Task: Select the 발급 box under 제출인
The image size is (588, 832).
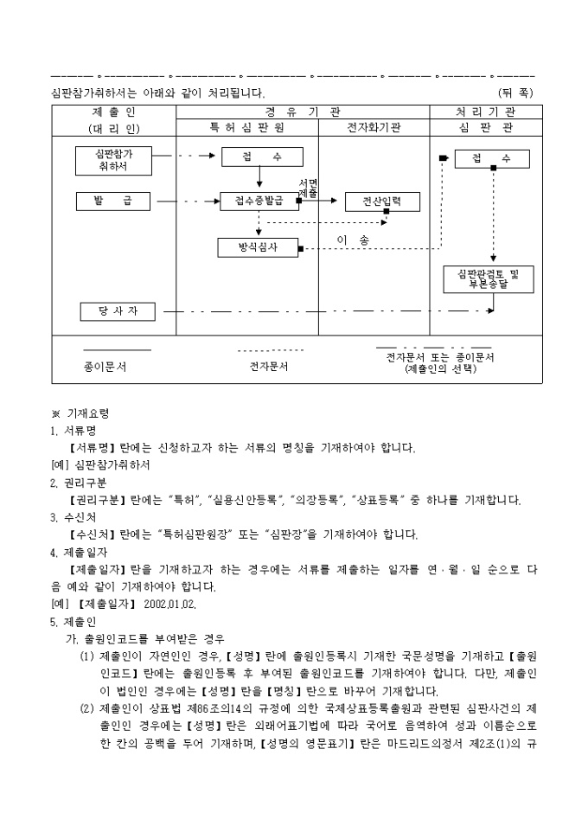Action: (x=112, y=202)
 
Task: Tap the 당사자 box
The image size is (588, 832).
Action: (x=118, y=310)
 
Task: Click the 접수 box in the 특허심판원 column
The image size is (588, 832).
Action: (x=262, y=157)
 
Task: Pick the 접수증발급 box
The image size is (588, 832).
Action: (x=259, y=202)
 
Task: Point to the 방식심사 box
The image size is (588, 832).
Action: (x=258, y=248)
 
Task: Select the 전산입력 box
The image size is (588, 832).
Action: (x=381, y=202)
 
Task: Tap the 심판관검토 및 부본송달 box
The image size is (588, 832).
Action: (x=489, y=278)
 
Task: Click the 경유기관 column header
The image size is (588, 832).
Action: (x=303, y=112)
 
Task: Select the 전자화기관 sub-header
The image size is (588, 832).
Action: (x=374, y=128)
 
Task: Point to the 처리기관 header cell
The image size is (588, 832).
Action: (x=485, y=112)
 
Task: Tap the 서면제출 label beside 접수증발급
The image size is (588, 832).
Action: (x=309, y=188)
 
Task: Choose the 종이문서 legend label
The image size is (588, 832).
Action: (x=105, y=367)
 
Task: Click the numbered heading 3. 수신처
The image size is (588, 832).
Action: (x=75, y=517)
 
